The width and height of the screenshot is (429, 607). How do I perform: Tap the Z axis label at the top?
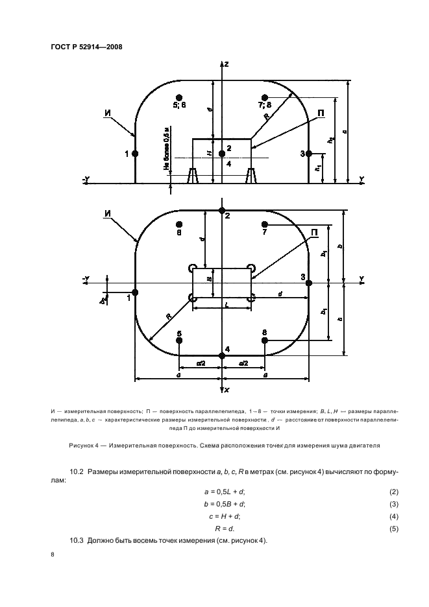[x=227, y=64]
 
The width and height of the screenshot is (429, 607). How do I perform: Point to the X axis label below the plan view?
[x=227, y=390]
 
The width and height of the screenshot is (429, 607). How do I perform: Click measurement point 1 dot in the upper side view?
[x=135, y=154]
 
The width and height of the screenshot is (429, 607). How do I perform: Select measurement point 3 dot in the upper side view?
[x=309, y=154]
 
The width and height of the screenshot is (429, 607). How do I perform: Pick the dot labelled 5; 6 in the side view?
[x=179, y=97]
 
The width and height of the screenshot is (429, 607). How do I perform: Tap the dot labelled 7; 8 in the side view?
[x=264, y=97]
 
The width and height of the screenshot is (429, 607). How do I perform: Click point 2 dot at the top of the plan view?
[x=222, y=211]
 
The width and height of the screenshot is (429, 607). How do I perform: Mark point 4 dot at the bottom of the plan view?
[x=222, y=355]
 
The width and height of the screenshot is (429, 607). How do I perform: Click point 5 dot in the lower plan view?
[x=179, y=340]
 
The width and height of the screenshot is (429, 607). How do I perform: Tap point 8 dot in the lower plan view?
[x=264, y=340]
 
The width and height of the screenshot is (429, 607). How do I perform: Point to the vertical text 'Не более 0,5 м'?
[x=166, y=149]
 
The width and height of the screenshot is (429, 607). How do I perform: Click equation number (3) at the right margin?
[x=393, y=504]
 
